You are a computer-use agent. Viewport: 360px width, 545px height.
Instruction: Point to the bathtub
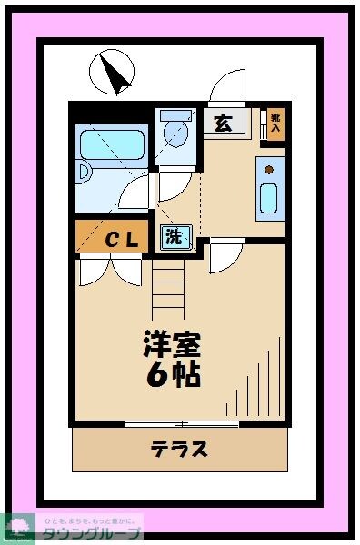tap(111, 144)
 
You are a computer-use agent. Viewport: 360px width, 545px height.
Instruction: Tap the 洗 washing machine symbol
tap(173, 239)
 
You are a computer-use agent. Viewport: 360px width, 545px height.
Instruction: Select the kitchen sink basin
tap(269, 197)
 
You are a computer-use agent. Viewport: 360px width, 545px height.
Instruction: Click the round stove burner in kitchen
tap(269, 167)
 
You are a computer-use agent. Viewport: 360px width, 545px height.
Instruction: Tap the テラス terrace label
tap(179, 449)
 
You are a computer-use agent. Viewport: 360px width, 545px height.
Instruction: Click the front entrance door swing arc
tap(225, 88)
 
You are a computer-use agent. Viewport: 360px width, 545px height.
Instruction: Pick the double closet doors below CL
tap(111, 271)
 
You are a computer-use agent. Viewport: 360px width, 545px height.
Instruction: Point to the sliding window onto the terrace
tap(182, 424)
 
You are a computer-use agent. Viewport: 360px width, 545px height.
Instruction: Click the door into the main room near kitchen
tap(224, 255)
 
